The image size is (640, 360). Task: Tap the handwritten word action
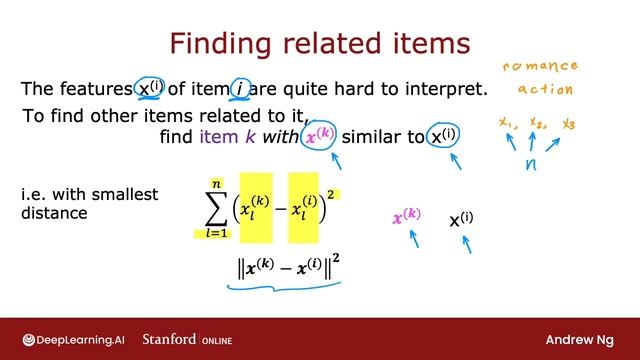tap(546, 88)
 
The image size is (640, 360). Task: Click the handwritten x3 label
tap(568, 124)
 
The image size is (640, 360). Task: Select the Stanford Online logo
tap(187, 339)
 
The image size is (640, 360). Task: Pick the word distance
tap(56, 213)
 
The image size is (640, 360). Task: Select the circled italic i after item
tap(240, 89)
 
